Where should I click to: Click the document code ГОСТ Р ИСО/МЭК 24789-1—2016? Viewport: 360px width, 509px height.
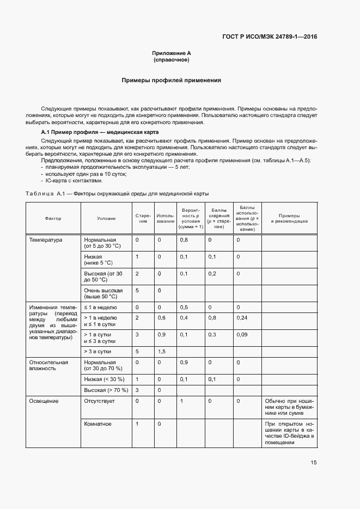tap(270, 37)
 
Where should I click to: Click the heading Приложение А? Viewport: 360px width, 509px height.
tap(172, 53)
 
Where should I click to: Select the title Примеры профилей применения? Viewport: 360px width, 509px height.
tap(171, 80)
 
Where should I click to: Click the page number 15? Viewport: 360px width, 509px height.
tap(313, 463)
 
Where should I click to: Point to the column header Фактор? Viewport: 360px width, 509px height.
tap(53, 218)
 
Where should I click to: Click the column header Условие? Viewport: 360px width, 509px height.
tap(106, 218)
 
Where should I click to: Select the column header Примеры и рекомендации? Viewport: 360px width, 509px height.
tap(289, 218)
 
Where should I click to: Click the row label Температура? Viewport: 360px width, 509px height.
tap(46, 240)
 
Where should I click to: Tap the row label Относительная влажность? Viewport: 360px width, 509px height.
tap(48, 365)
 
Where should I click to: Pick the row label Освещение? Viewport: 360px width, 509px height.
tap(44, 401)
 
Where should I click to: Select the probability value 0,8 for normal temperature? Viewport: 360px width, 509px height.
tap(184, 240)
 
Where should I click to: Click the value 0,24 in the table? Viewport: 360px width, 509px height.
tap(243, 317)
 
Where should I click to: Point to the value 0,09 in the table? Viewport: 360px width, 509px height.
tap(243, 334)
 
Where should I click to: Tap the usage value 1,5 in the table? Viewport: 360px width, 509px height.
tap(161, 352)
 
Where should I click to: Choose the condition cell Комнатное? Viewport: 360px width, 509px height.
tap(97, 424)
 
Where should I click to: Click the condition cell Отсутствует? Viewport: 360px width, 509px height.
tap(99, 401)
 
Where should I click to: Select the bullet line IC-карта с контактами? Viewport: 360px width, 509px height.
tap(73, 181)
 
